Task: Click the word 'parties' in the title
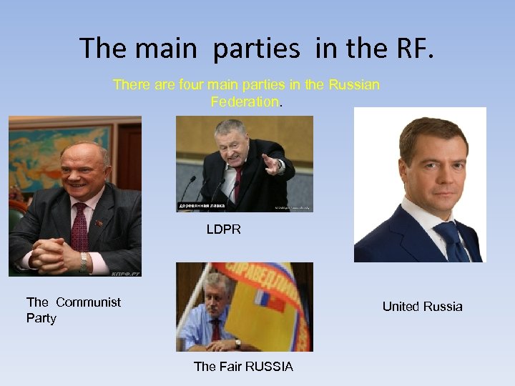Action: point(257,49)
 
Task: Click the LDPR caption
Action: point(224,229)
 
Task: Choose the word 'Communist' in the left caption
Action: point(88,302)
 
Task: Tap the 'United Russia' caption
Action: point(422,307)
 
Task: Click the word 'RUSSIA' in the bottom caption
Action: point(268,367)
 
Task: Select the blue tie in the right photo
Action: point(448,239)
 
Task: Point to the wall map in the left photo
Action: point(43,154)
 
